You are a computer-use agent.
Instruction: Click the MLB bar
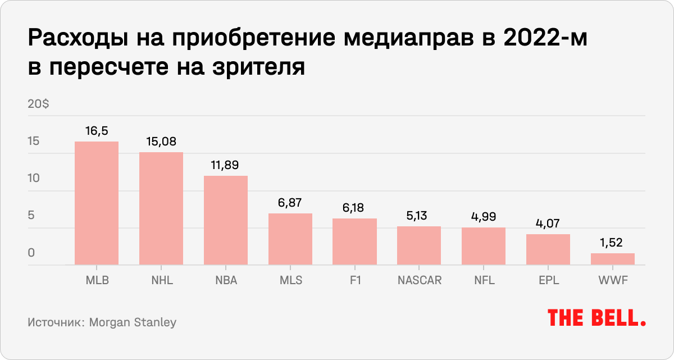click(x=97, y=203)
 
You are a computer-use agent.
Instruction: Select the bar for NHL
click(x=161, y=208)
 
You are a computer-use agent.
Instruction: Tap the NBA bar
click(x=225, y=220)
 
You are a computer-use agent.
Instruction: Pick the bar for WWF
click(x=612, y=259)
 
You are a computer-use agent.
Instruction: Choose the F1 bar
click(x=354, y=241)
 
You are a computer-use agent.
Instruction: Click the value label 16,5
click(x=97, y=131)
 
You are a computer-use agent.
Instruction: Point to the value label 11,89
click(x=225, y=166)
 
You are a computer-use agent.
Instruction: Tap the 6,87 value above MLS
click(x=290, y=203)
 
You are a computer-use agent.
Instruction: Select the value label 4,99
click(x=483, y=217)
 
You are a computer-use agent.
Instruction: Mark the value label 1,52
click(x=612, y=243)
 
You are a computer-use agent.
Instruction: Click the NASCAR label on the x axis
click(x=419, y=280)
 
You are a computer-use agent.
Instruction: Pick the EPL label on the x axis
click(x=548, y=280)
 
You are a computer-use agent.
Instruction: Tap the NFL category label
click(x=483, y=280)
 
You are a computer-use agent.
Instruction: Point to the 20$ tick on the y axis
click(x=38, y=104)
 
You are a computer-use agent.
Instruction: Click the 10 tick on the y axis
click(x=34, y=179)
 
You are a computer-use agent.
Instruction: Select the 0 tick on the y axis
click(x=31, y=253)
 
